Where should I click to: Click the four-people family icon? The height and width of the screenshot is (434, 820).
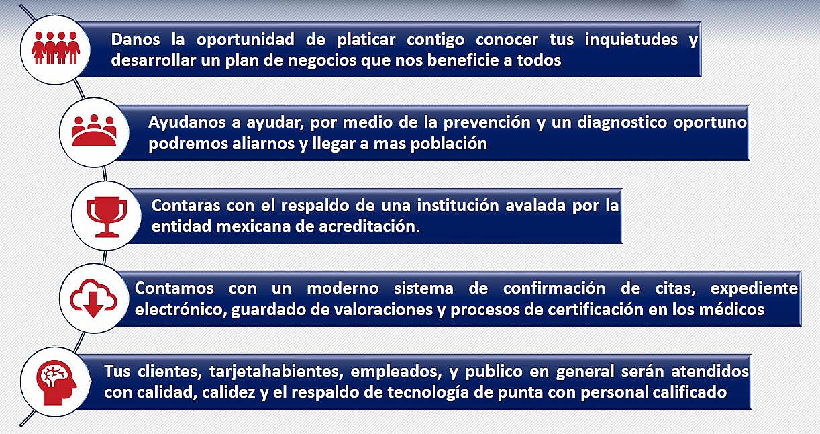tap(56, 48)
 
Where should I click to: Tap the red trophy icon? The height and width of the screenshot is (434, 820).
tap(107, 217)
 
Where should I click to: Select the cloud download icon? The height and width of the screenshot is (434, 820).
tap(94, 298)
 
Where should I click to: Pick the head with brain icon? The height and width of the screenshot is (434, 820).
tap(56, 383)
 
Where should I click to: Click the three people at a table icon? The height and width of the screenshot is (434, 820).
tap(94, 130)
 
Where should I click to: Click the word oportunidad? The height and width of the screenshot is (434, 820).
tap(246, 40)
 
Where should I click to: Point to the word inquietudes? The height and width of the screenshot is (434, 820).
tap(631, 40)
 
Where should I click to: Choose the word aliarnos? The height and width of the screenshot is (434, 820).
tap(263, 144)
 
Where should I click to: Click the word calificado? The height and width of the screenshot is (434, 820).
tap(690, 392)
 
